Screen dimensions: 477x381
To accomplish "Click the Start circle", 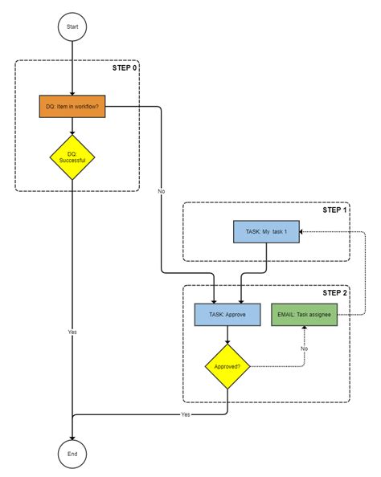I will pos(72,26).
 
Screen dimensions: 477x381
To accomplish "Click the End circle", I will pos(72,454).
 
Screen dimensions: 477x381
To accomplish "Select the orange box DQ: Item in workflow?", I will pos(72,106).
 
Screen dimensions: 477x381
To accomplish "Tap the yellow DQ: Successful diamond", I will pos(72,156).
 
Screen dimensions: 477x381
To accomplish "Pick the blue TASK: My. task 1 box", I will pos(266,232).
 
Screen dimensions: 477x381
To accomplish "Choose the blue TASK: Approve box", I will pos(228,315).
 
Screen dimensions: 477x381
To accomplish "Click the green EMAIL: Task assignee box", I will pos(304,315).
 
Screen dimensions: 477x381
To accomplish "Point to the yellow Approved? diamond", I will pos(228,366).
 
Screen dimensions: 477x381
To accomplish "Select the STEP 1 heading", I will pos(335,210).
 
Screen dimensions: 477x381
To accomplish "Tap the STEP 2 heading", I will pos(335,293).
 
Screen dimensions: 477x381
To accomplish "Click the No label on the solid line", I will pos(162,191).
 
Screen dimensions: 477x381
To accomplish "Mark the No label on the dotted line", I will pos(305,349).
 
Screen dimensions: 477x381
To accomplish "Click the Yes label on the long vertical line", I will pos(72,331).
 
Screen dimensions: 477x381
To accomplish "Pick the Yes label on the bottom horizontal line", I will pos(186,415).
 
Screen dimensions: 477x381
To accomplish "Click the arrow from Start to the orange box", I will pos(72,68).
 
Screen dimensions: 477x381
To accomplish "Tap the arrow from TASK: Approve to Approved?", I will pos(228,335).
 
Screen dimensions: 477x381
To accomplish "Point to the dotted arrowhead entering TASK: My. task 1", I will pos(303,232).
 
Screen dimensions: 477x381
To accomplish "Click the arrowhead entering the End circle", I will pos(72,436).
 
